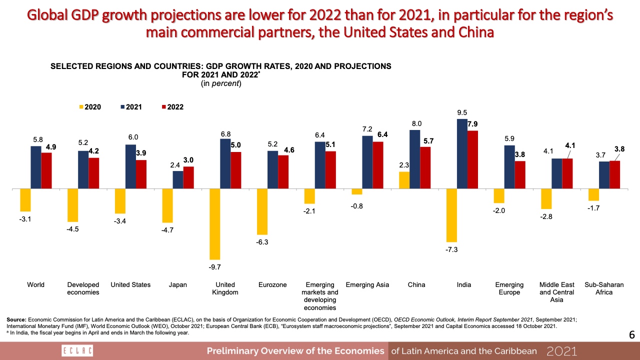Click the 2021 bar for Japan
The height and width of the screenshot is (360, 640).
point(178,180)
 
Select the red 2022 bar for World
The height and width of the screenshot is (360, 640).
point(46,171)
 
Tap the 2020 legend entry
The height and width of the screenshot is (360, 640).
point(90,107)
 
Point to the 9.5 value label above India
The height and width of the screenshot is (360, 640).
point(462,113)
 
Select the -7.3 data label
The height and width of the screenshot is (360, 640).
point(452,249)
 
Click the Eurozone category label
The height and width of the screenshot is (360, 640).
point(272,285)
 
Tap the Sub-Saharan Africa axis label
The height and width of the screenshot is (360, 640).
point(603,288)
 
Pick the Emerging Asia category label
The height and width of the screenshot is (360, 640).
point(367,285)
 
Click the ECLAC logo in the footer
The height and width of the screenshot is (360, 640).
point(76,350)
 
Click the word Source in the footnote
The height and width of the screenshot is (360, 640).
point(16,319)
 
